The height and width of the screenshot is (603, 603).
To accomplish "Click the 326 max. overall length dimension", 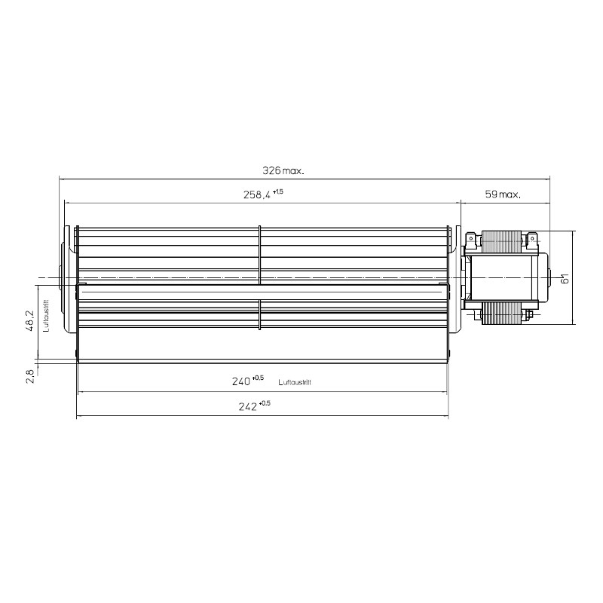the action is pyautogui.click(x=283, y=170).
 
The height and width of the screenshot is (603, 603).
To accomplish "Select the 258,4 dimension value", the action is pyautogui.click(x=257, y=195).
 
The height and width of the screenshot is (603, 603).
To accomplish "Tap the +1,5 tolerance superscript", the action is pyautogui.click(x=277, y=191).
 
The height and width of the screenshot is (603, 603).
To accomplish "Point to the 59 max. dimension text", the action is pyautogui.click(x=503, y=194).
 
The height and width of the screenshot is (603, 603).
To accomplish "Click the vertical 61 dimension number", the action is pyautogui.click(x=565, y=278).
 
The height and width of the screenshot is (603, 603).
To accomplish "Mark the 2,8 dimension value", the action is pyautogui.click(x=30, y=375).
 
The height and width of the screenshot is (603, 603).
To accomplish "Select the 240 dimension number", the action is pyautogui.click(x=241, y=381).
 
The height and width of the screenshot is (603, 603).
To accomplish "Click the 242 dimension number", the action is pyautogui.click(x=248, y=406).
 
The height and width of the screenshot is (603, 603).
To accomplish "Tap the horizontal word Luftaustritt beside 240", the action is pyautogui.click(x=295, y=382).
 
